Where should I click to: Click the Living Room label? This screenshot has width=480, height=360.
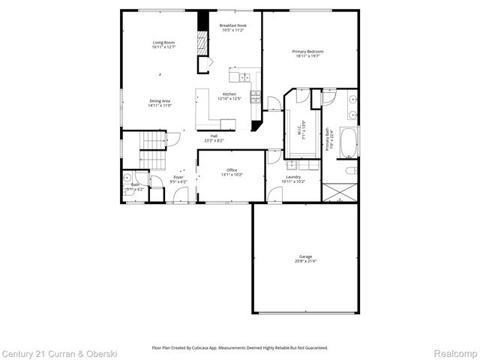[163, 43]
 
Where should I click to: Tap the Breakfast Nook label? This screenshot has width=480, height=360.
[232, 25]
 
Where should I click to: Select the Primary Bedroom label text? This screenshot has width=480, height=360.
[307, 51]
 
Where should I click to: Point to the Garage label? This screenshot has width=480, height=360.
[305, 256]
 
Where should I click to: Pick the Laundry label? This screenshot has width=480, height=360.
[292, 178]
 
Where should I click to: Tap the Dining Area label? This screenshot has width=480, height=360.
[160, 100]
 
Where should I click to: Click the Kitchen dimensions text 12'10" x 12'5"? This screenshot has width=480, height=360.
[229, 98]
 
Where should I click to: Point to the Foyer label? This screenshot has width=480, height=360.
[178, 177]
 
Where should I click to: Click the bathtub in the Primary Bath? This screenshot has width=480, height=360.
[348, 142]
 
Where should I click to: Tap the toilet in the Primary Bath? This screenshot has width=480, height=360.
[349, 172]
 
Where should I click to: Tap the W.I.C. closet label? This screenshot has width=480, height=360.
[302, 129]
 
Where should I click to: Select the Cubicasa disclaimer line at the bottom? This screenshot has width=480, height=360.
[240, 347]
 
